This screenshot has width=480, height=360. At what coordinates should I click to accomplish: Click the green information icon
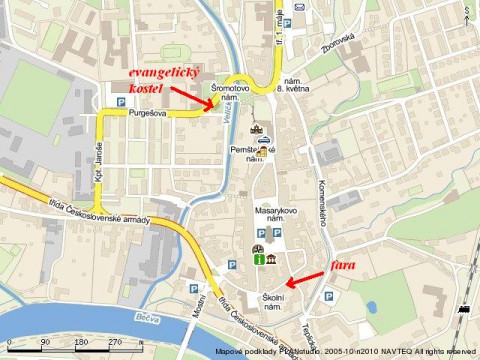pyautogui.click(x=258, y=260)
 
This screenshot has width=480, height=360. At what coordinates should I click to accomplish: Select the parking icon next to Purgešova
pyautogui.click(x=121, y=102)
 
